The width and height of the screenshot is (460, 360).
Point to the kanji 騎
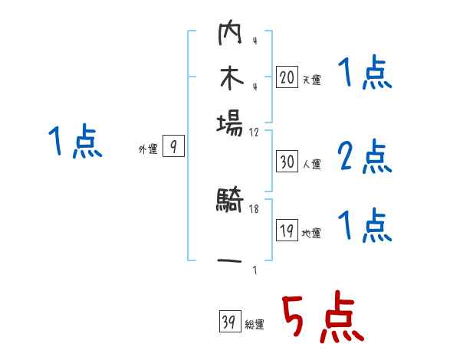[x=229, y=203]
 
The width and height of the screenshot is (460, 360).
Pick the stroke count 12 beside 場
[x=255, y=132]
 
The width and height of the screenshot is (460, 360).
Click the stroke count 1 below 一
[x=254, y=270]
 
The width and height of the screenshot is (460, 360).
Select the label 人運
[x=311, y=164]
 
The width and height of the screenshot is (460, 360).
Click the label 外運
[x=148, y=150]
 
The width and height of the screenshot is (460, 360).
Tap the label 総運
[x=255, y=325]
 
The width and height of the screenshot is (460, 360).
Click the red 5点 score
[x=321, y=319]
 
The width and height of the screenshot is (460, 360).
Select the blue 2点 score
[x=365, y=157]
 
